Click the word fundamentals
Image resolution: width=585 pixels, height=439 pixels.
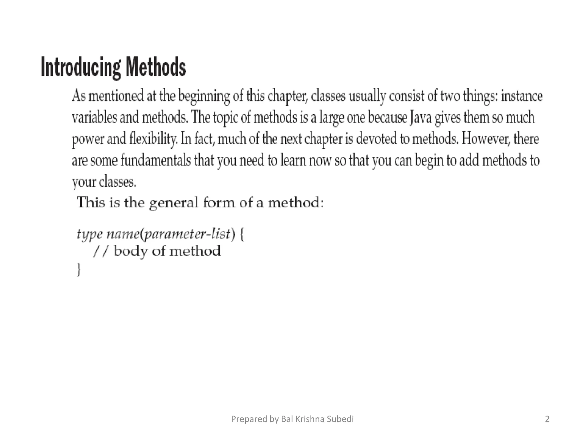156,160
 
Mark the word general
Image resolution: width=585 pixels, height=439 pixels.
174,203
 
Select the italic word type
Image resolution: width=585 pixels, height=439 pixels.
89,234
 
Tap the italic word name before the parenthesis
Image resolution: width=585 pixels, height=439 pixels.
123,234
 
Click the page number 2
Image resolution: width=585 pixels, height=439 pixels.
547,419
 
